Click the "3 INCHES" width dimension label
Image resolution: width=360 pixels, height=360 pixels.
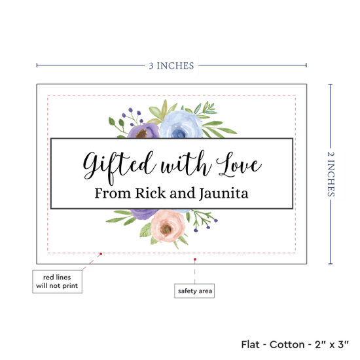pyautogui.click(x=171, y=65)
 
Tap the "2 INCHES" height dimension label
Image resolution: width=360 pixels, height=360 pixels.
pyautogui.click(x=331, y=174)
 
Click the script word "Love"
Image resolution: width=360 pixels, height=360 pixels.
pyautogui.click(x=239, y=164)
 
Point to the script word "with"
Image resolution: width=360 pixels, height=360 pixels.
pyautogui.click(x=186, y=164)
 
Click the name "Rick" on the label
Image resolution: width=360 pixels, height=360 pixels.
pyautogui.click(x=151, y=193)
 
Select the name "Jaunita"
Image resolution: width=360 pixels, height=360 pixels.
pyautogui.click(x=224, y=194)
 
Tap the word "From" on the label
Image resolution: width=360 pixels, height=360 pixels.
pyautogui.click(x=113, y=193)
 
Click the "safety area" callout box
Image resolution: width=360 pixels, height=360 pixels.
pyautogui.click(x=194, y=291)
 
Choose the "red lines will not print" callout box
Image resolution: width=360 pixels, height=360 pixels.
pyautogui.click(x=57, y=281)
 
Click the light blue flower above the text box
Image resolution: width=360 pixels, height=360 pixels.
pyautogui.click(x=181, y=124)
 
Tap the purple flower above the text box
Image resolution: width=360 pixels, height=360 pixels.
pyautogui.click(x=143, y=131)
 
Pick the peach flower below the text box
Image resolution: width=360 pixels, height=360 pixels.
pyautogui.click(x=168, y=226)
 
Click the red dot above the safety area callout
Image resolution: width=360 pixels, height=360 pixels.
pyautogui.click(x=195, y=259)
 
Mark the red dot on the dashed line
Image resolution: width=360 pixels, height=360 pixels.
pyautogui.click(x=101, y=254)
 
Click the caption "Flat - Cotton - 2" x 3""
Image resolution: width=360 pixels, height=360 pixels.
pyautogui.click(x=295, y=344)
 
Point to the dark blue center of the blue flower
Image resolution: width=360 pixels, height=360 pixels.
pyautogui.click(x=178, y=133)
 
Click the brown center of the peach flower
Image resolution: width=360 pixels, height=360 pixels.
pyautogui.click(x=166, y=228)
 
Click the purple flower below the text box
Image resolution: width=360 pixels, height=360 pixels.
pyautogui.click(x=144, y=213)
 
